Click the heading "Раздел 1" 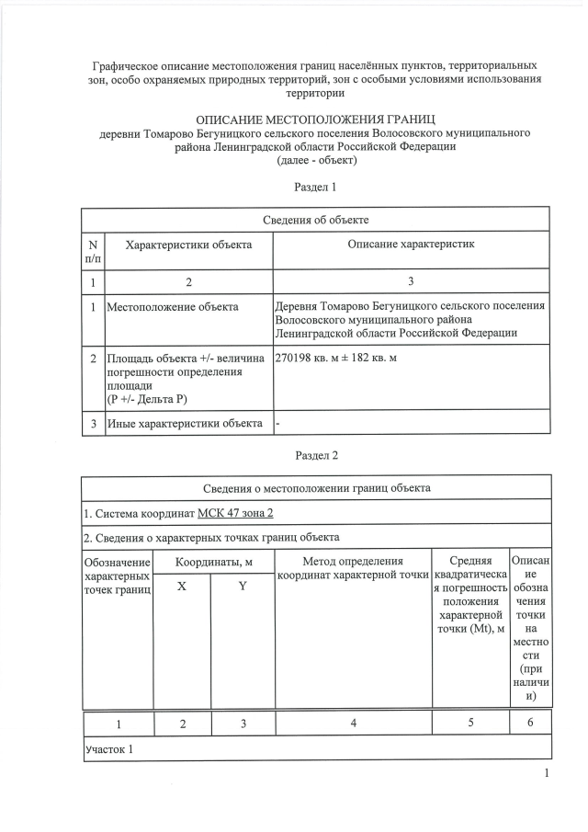(316, 187)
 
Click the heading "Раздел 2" (316, 455)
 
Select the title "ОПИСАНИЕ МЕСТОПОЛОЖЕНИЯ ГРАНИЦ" (316, 120)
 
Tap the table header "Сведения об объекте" (316, 220)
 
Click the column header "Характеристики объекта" (188, 244)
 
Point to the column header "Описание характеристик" (411, 244)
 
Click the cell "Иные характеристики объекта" (185, 423)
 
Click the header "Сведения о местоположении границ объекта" (316, 487)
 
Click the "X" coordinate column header (182, 587)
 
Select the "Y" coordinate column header (243, 587)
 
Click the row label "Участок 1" (108, 748)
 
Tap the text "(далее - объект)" (316, 160)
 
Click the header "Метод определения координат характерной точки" (353, 568)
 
